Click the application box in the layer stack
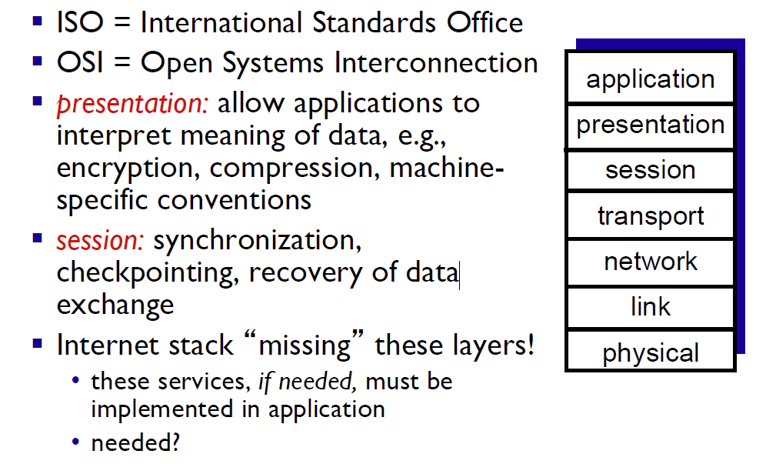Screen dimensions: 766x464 click(x=650, y=78)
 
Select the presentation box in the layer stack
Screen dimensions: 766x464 click(x=650, y=126)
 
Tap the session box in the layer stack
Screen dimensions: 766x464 click(x=650, y=170)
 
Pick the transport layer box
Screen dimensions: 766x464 click(x=650, y=215)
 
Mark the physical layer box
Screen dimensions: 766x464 click(x=650, y=351)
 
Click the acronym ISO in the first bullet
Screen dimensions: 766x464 click(x=80, y=22)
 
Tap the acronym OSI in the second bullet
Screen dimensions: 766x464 click(x=80, y=63)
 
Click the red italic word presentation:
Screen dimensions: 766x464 click(x=132, y=104)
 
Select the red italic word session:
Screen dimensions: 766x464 click(x=100, y=241)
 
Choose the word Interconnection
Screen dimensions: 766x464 click(x=436, y=63)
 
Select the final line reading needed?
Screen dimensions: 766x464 click(x=135, y=443)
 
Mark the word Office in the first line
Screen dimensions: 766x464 click(x=485, y=22)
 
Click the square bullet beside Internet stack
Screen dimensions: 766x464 click(x=38, y=343)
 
